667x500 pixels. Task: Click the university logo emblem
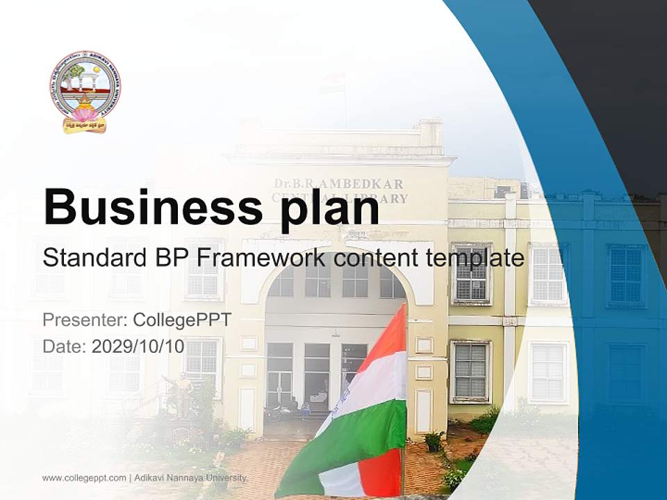[85, 91]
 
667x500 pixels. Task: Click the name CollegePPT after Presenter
[181, 320]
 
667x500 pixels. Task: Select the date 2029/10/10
[138, 347]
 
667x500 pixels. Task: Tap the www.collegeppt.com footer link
[84, 478]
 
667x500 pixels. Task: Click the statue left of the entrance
[179, 396]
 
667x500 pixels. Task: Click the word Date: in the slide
[65, 347]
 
